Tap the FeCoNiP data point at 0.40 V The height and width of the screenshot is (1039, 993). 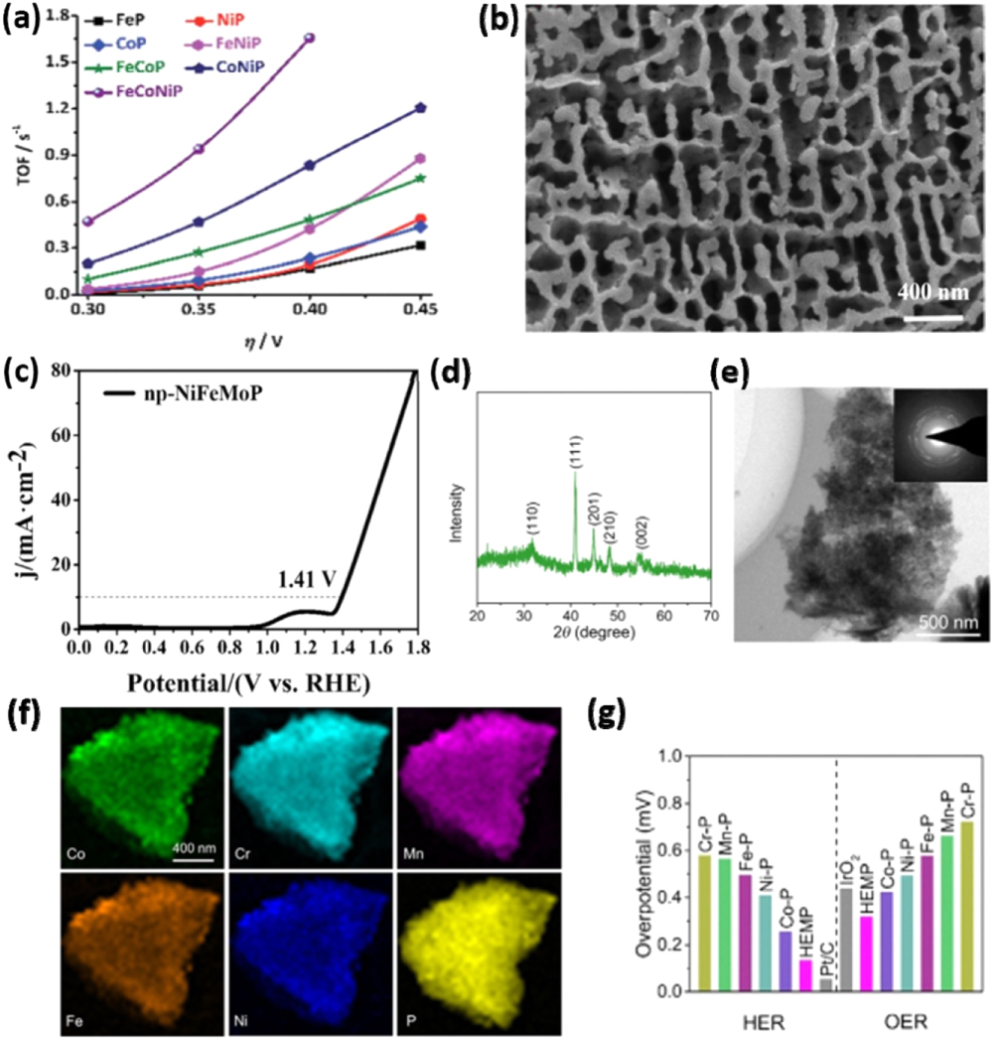[310, 38]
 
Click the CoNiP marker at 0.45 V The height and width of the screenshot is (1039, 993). [421, 107]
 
